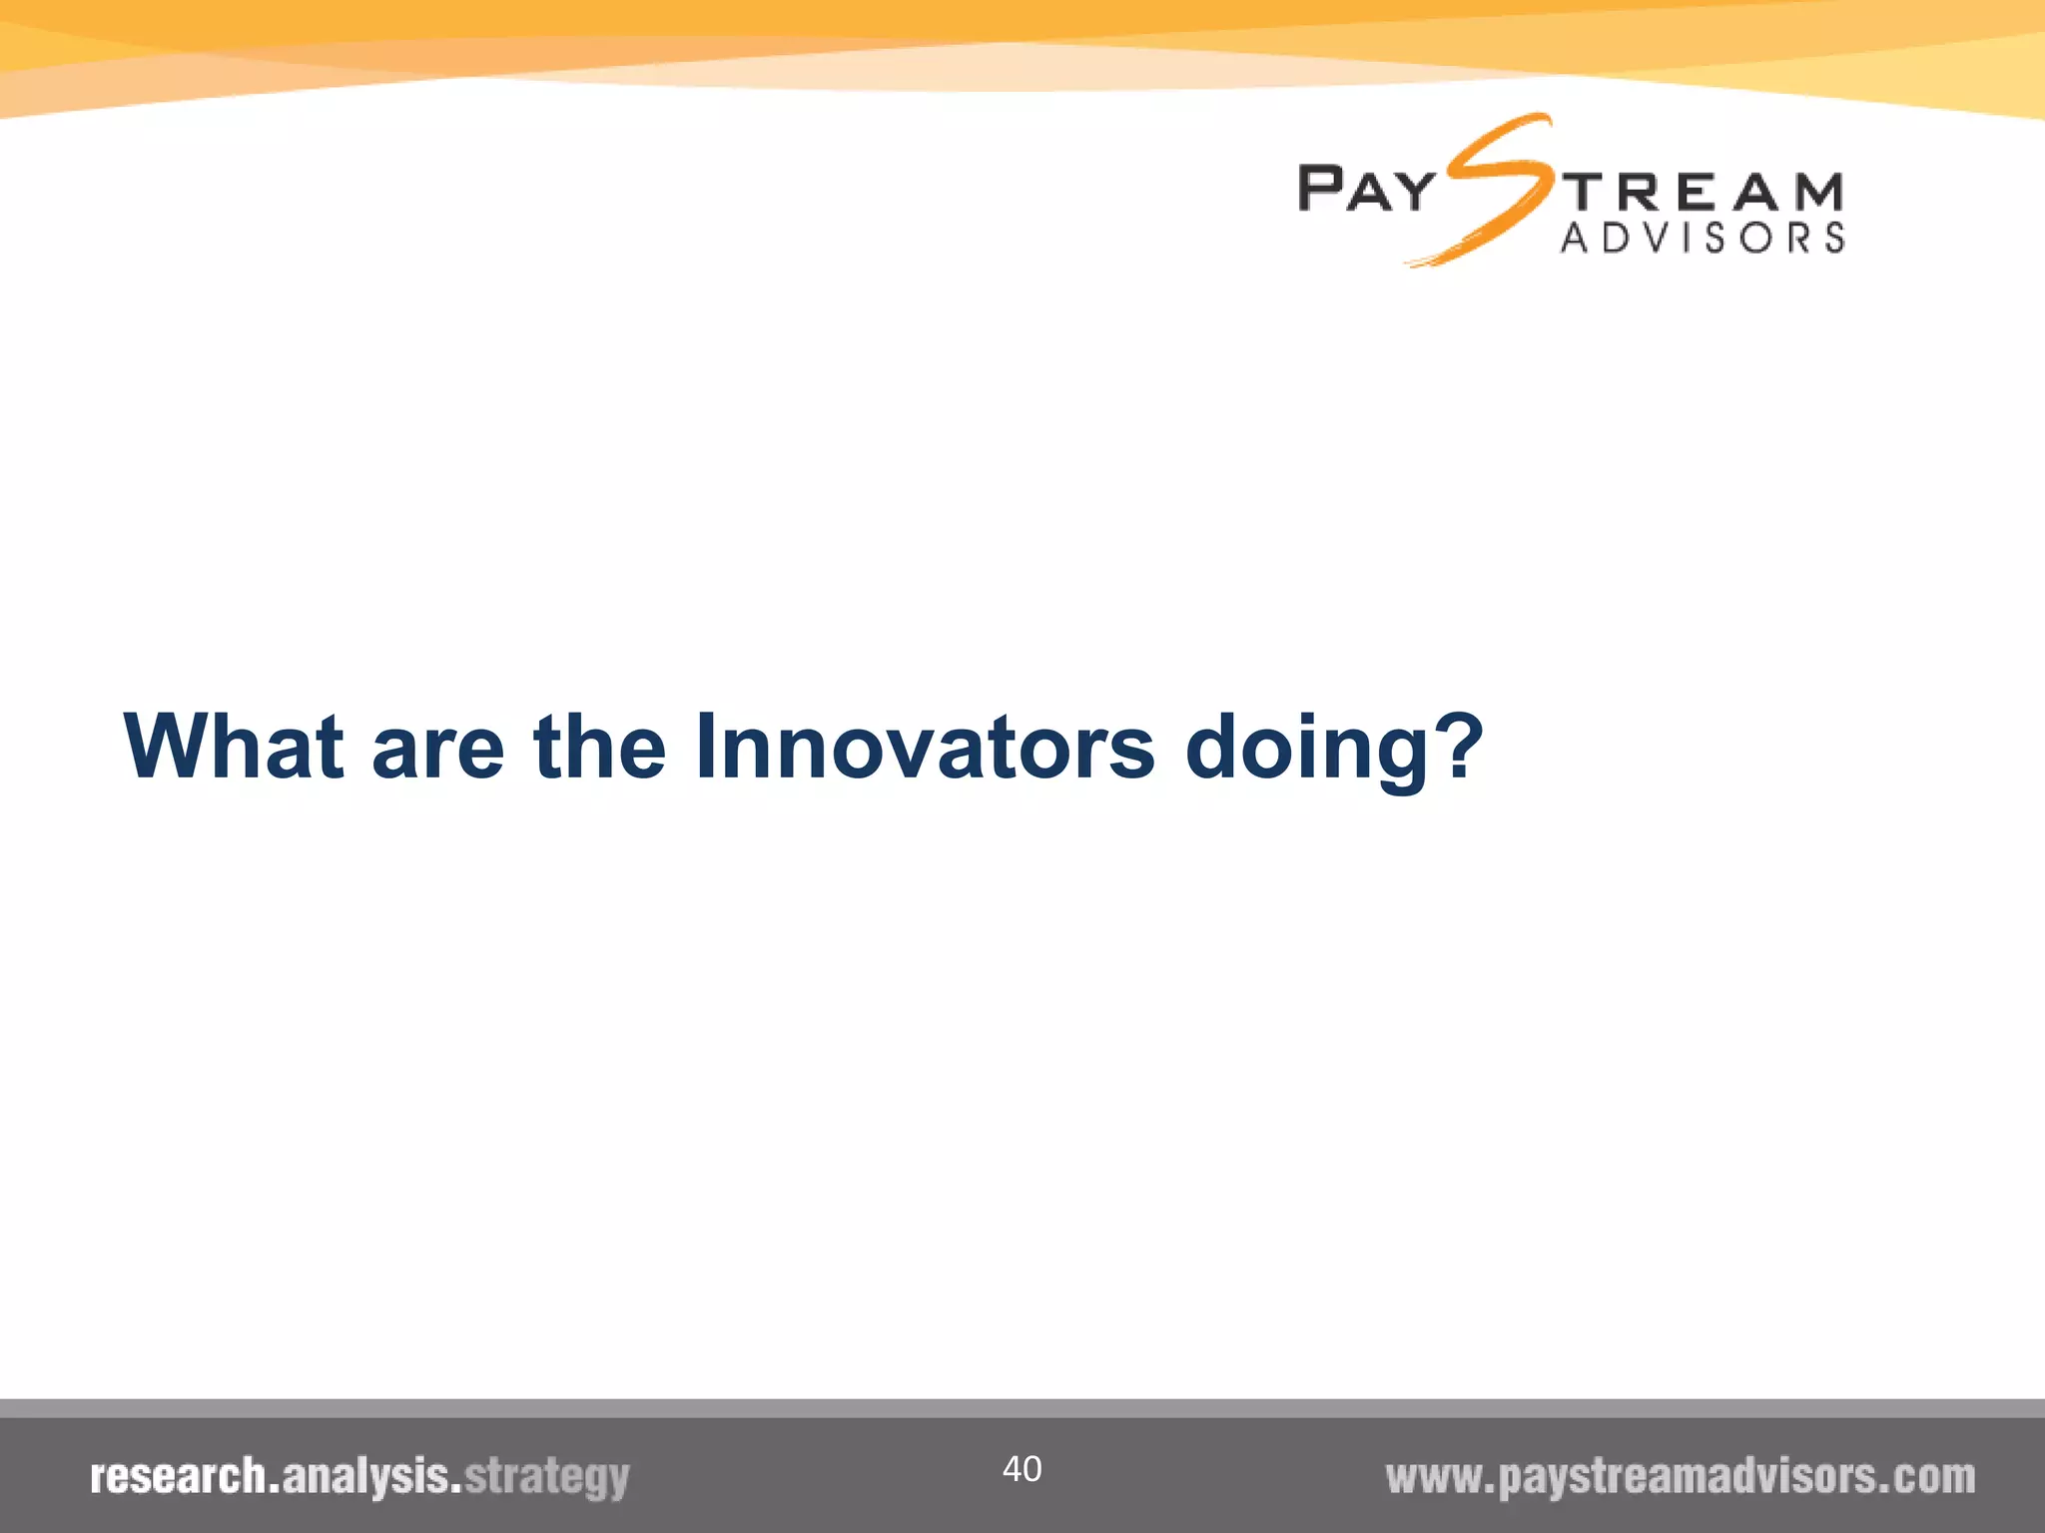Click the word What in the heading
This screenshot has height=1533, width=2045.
(x=234, y=746)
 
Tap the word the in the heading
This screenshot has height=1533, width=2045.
(x=599, y=746)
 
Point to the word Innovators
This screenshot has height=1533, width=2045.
(x=925, y=746)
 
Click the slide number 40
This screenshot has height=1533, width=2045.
(x=1022, y=1468)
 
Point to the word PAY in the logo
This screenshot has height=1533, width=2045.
(x=1366, y=190)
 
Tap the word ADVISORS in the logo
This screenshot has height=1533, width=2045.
(x=1703, y=238)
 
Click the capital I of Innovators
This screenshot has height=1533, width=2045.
(x=706, y=746)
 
